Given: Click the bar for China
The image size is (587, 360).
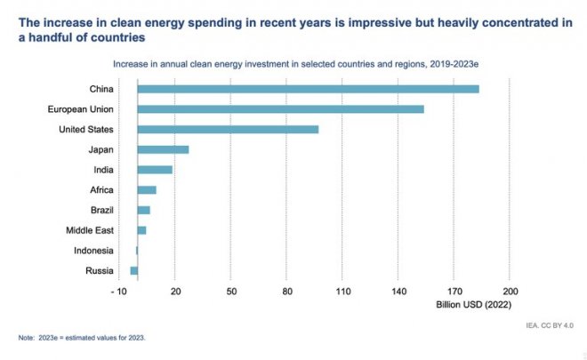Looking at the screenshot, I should (x=308, y=89).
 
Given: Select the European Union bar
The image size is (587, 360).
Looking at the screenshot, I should (x=280, y=108).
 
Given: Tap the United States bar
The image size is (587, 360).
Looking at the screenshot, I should (x=228, y=129).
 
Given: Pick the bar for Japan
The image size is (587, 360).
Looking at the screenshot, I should (x=163, y=149).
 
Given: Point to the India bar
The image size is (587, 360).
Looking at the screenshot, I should (x=155, y=170).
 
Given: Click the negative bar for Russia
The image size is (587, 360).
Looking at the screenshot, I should (x=133, y=270).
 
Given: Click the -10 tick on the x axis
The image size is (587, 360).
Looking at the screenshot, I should (x=118, y=292).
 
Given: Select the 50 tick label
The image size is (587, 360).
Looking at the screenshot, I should (x=231, y=292).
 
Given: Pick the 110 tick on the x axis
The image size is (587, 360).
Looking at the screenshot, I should (x=342, y=292).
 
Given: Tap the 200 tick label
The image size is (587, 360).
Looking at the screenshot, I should (x=510, y=292).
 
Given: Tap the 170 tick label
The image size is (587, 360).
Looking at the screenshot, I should (x=454, y=292).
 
